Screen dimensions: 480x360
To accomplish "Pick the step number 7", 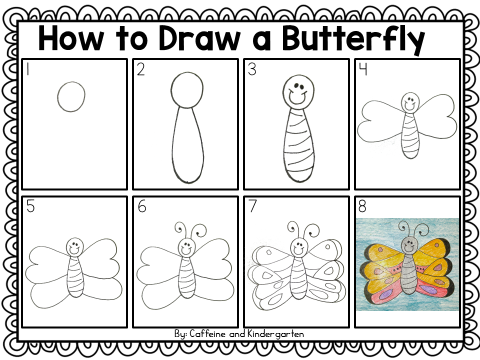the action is [252, 206].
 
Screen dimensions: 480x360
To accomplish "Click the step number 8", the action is [362, 206].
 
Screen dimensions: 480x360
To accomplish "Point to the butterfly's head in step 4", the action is [410, 102].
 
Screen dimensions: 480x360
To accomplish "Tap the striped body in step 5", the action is [75, 276].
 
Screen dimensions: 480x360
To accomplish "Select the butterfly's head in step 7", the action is [299, 246].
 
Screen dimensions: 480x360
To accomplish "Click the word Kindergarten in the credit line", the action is [275, 334].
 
